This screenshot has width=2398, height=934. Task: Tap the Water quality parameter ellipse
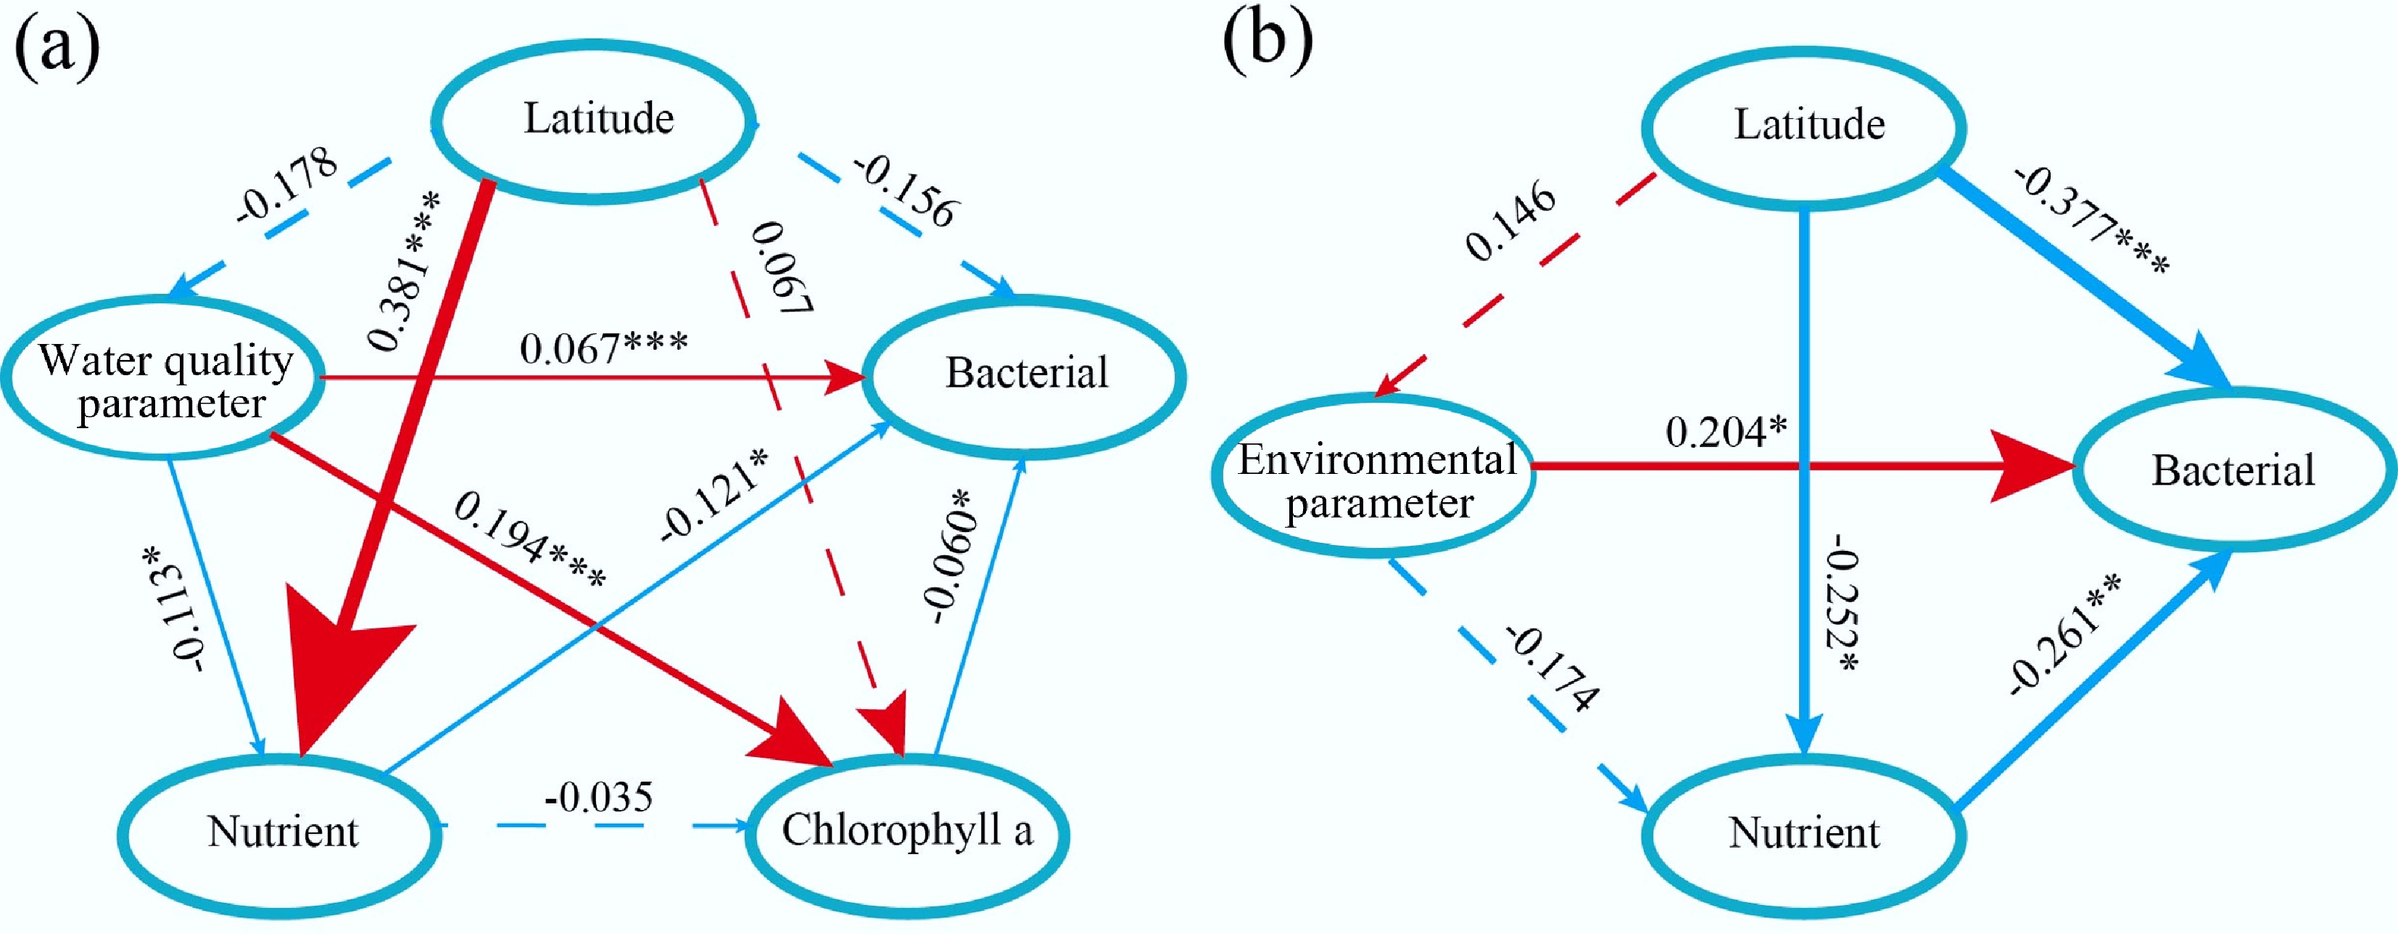(164, 380)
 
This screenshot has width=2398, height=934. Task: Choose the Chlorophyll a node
(906, 832)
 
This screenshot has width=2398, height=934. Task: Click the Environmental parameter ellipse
(1376, 480)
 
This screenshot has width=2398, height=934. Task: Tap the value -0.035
(598, 799)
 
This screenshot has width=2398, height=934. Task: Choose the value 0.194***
(529, 540)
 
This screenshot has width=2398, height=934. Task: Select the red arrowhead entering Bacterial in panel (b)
(2034, 467)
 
